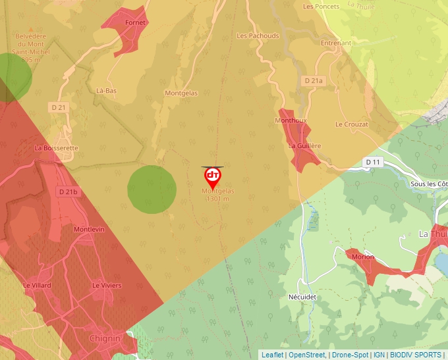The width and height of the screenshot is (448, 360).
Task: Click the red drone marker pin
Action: [x=212, y=176]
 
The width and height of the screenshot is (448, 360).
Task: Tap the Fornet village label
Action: [x=136, y=22]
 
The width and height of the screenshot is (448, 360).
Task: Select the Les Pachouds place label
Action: [x=258, y=36]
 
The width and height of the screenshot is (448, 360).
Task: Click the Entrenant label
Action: [x=336, y=43]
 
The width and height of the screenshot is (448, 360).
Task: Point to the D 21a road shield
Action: [x=314, y=80]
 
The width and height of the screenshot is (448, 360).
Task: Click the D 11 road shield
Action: [x=373, y=162]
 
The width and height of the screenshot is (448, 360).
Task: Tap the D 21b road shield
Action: [x=67, y=192]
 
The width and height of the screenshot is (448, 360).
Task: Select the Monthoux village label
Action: [x=291, y=121]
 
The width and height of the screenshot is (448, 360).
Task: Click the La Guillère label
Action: [x=305, y=145]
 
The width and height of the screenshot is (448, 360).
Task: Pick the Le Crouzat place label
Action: [x=351, y=124]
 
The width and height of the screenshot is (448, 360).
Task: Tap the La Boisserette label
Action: [x=56, y=148]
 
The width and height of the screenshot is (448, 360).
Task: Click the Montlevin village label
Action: [x=90, y=230]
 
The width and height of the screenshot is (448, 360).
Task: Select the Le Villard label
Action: [x=36, y=286]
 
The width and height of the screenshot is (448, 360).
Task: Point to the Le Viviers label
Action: [x=107, y=286]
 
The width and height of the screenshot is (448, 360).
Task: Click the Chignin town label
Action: [x=105, y=338]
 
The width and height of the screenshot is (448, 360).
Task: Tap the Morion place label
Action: [x=363, y=257]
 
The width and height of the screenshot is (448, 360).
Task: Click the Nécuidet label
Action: [x=302, y=297]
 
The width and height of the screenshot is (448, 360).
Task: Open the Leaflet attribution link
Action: [x=272, y=355]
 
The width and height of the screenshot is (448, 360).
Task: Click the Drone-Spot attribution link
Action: [x=350, y=355]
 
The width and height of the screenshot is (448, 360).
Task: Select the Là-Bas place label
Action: [x=106, y=91]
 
